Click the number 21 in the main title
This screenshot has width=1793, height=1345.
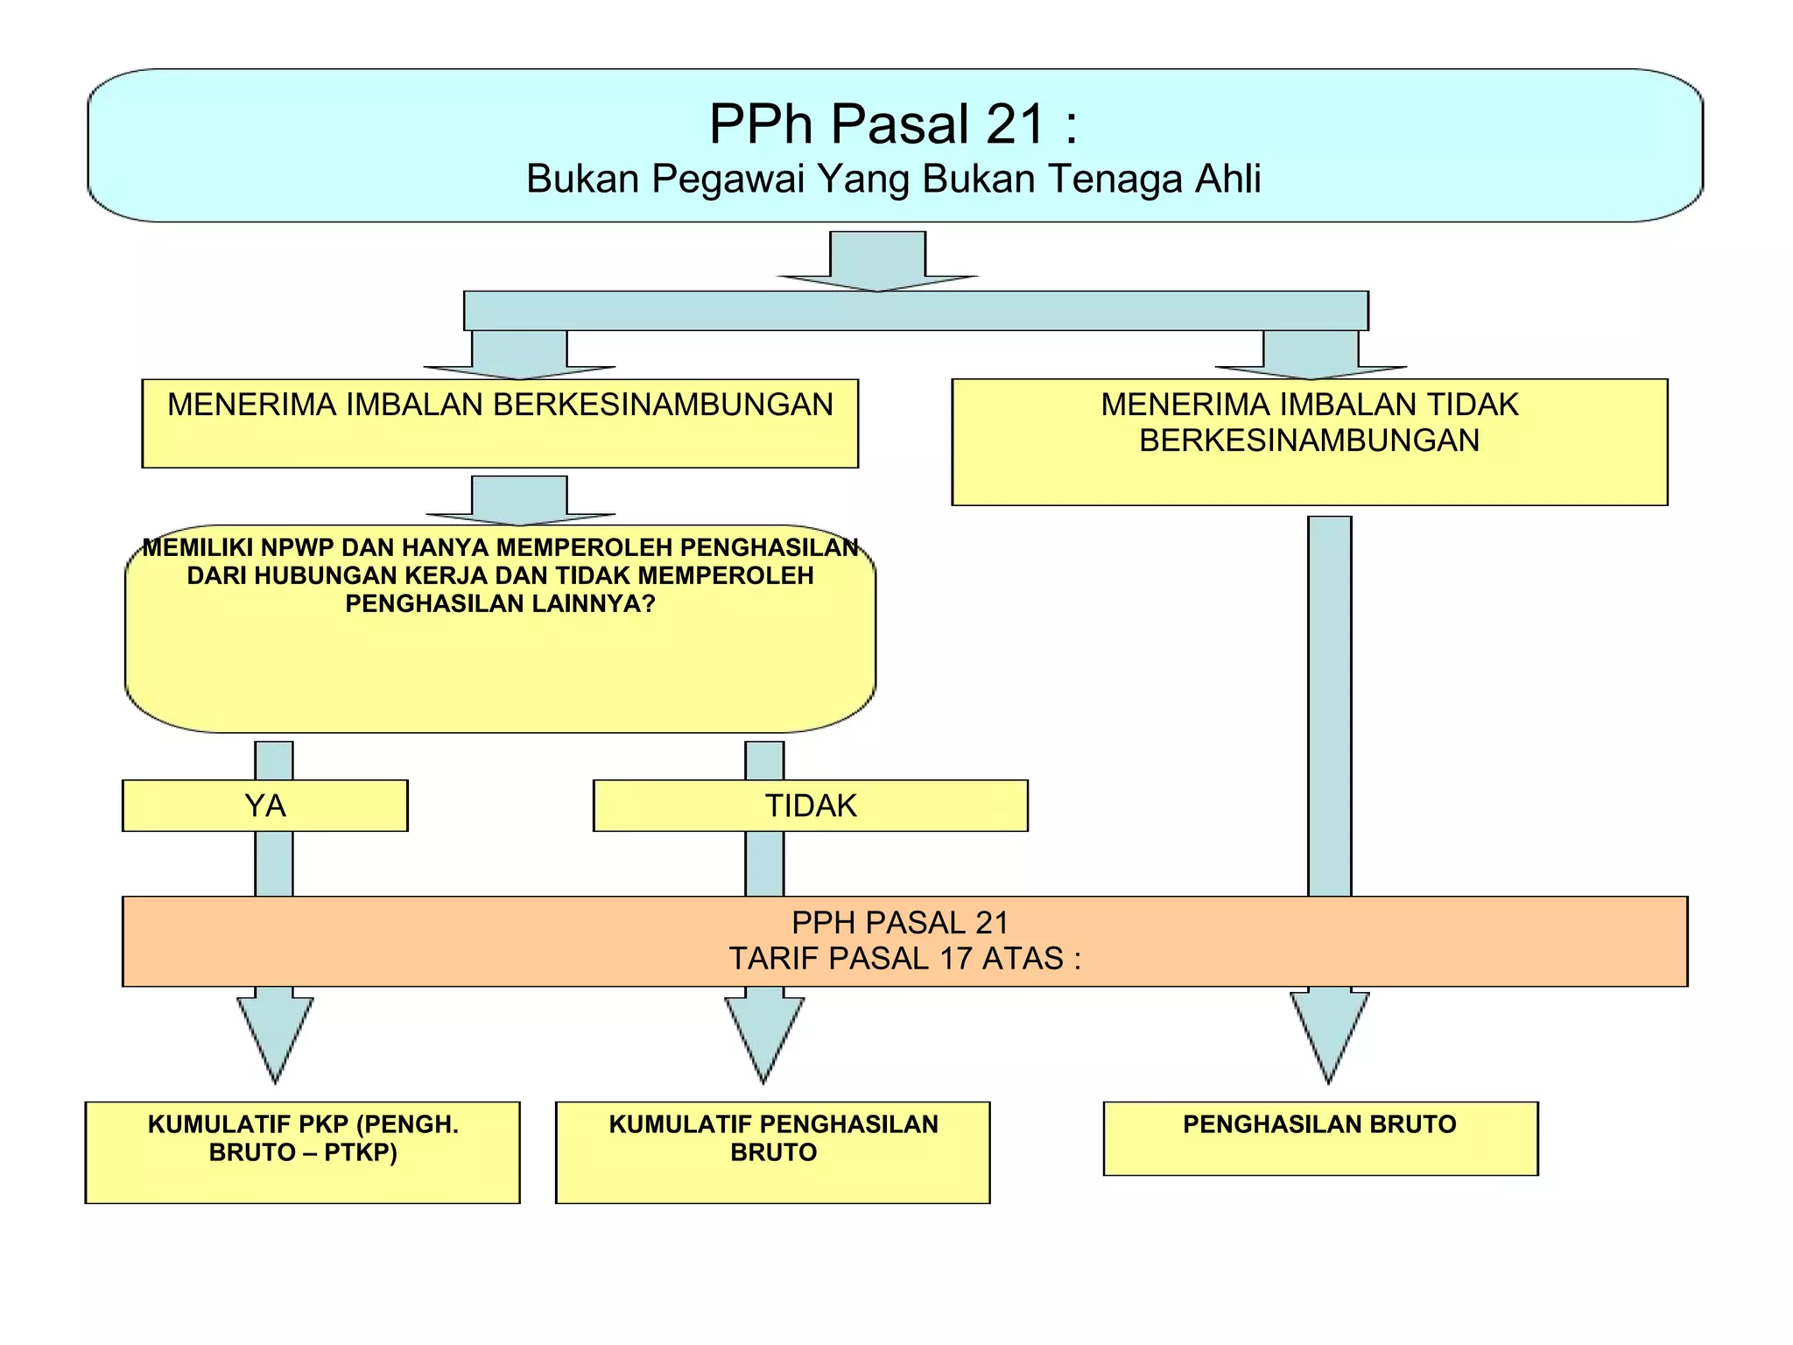click(1016, 124)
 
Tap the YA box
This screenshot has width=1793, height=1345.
click(264, 806)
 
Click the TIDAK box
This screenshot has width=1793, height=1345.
click(810, 806)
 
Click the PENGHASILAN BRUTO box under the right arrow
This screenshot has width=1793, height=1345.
click(1319, 1137)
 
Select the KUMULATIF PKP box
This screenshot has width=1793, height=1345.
click(302, 1151)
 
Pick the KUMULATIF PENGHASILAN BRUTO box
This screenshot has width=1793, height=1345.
click(772, 1151)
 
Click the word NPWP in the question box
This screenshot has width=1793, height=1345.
click(297, 548)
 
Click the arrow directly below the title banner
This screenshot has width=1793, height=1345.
click(877, 261)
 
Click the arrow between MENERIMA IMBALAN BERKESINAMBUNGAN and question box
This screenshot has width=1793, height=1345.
click(519, 501)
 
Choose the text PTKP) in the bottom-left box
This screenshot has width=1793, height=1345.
click(361, 1152)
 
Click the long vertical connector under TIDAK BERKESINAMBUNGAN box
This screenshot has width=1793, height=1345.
click(1329, 701)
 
